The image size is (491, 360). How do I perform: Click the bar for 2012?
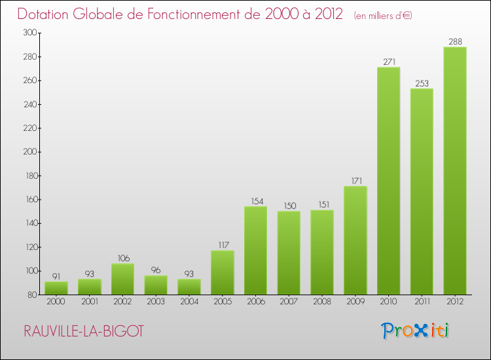point(454,171)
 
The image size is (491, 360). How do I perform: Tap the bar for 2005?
point(222,272)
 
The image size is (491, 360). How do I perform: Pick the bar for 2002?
point(122,279)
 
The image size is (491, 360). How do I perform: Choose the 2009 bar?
point(355,240)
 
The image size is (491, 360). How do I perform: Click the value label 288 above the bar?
point(454,42)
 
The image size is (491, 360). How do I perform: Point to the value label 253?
point(422,83)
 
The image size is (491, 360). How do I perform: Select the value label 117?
point(222,245)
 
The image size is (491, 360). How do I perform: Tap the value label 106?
point(122,258)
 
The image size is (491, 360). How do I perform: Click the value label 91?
point(56,276)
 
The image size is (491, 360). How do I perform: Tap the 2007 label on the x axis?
point(289,302)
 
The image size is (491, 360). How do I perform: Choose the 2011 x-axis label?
point(422,302)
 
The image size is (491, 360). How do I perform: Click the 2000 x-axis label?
point(56,302)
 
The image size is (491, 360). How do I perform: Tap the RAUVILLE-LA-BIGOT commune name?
point(83,331)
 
